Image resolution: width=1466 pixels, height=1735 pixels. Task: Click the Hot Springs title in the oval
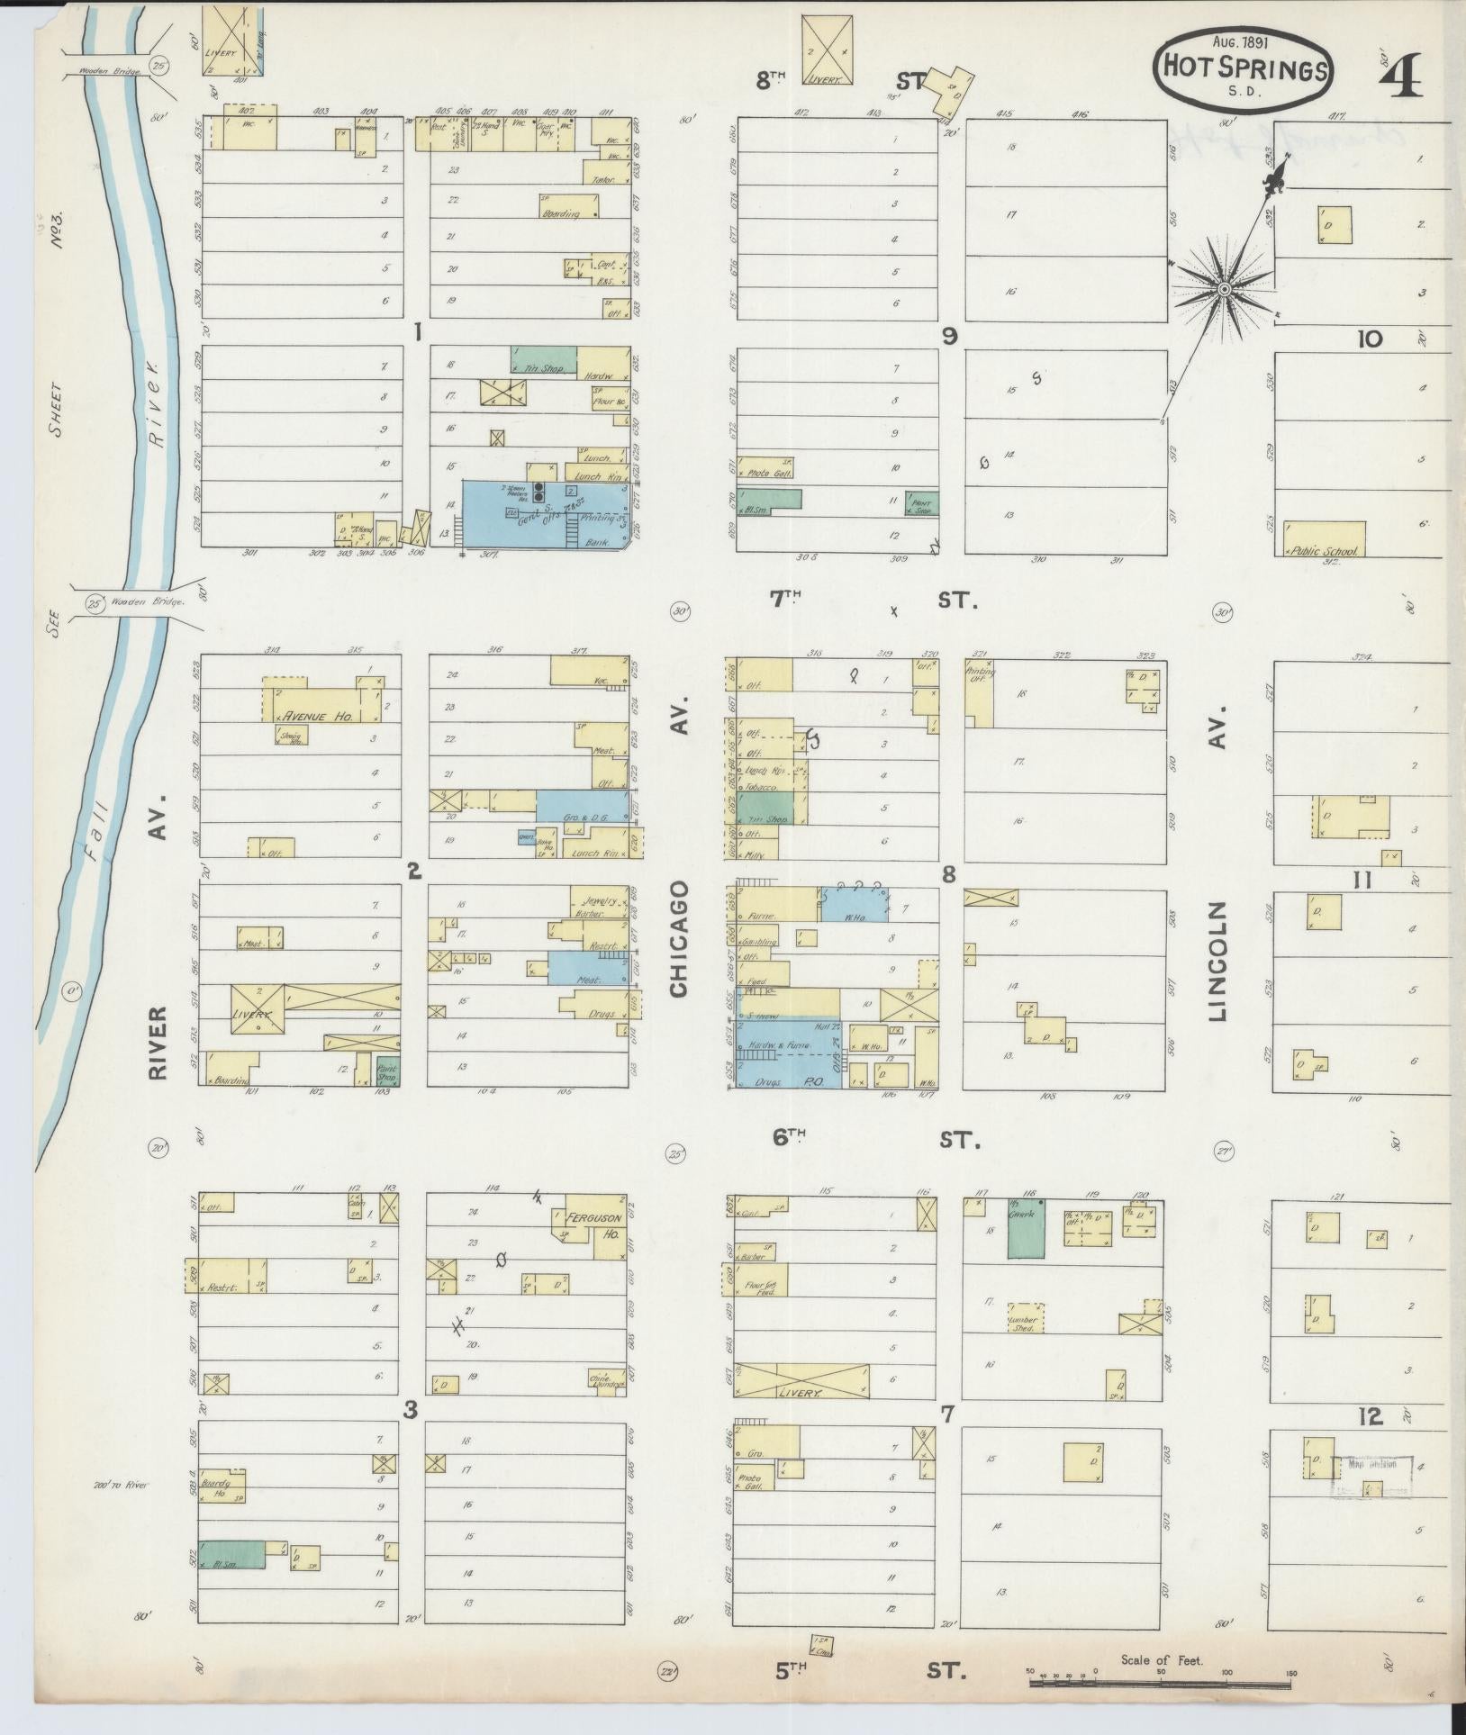(x=1246, y=68)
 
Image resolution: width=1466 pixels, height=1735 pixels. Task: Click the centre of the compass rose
(x=1225, y=289)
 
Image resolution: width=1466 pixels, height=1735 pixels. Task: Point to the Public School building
(x=1324, y=539)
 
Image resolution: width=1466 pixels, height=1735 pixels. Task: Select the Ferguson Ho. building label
(x=591, y=1217)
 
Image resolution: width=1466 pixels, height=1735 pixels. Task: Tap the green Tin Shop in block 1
(x=543, y=360)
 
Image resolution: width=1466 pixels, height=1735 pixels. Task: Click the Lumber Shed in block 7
(x=1025, y=1317)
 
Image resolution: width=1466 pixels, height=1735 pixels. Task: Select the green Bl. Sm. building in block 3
(x=231, y=1554)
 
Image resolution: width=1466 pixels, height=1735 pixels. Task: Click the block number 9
(x=949, y=336)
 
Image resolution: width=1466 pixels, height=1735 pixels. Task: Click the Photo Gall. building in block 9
(x=765, y=467)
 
